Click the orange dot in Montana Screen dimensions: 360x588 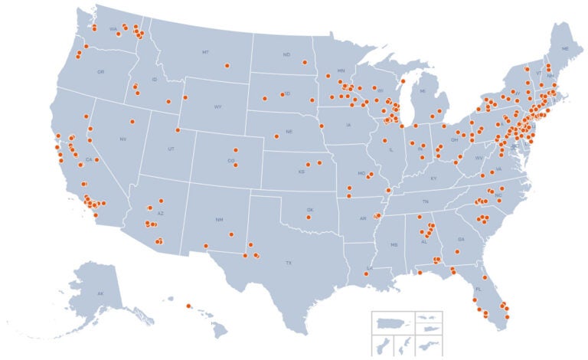pyautogui.click(x=227, y=66)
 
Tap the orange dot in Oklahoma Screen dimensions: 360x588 pyautogui.click(x=309, y=218)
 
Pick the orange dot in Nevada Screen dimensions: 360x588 pyautogui.click(x=132, y=122)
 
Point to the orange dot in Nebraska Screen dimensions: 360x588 pyautogui.click(x=276, y=136)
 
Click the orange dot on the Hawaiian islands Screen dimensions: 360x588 pyautogui.click(x=188, y=306)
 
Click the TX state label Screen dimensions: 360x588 pyautogui.click(x=289, y=263)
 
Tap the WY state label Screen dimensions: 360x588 pyautogui.click(x=218, y=106)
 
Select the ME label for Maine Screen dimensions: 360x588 pyautogui.click(x=565, y=48)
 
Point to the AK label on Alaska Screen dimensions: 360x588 pyautogui.click(x=100, y=294)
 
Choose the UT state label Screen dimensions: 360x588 pyautogui.click(x=171, y=148)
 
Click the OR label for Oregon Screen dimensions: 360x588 pyautogui.click(x=100, y=72)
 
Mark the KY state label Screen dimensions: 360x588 pyautogui.click(x=433, y=178)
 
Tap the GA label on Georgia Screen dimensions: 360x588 pyautogui.click(x=461, y=239)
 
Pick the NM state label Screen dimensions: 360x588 pyautogui.click(x=220, y=220)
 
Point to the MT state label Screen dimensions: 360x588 pyautogui.click(x=205, y=52)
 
